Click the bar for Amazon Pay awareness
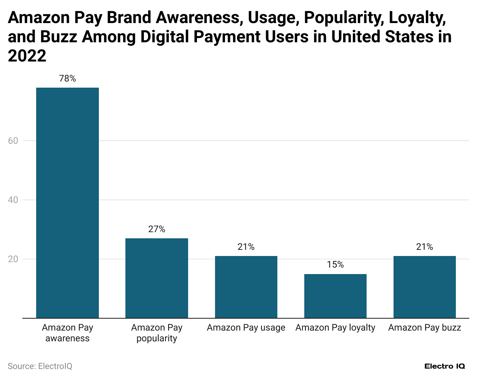click(x=67, y=203)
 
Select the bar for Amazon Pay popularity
click(x=157, y=278)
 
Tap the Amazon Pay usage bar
click(x=246, y=287)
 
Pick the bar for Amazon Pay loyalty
click(x=335, y=296)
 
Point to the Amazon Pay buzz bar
click(x=424, y=287)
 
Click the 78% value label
click(x=67, y=79)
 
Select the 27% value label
click(x=157, y=229)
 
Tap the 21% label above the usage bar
click(x=246, y=247)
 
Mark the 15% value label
click(x=335, y=265)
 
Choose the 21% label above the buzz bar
click(x=424, y=247)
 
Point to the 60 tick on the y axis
click(x=13, y=141)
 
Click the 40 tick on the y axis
click(x=13, y=200)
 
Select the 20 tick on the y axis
click(x=13, y=259)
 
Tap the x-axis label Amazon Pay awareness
click(x=67, y=333)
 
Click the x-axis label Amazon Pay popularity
click(x=157, y=333)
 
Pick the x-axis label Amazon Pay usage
click(x=246, y=328)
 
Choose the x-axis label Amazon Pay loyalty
click(x=335, y=328)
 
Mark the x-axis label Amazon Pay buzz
click(x=424, y=328)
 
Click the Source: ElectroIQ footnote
click(x=40, y=366)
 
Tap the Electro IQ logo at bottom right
click(x=444, y=366)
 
